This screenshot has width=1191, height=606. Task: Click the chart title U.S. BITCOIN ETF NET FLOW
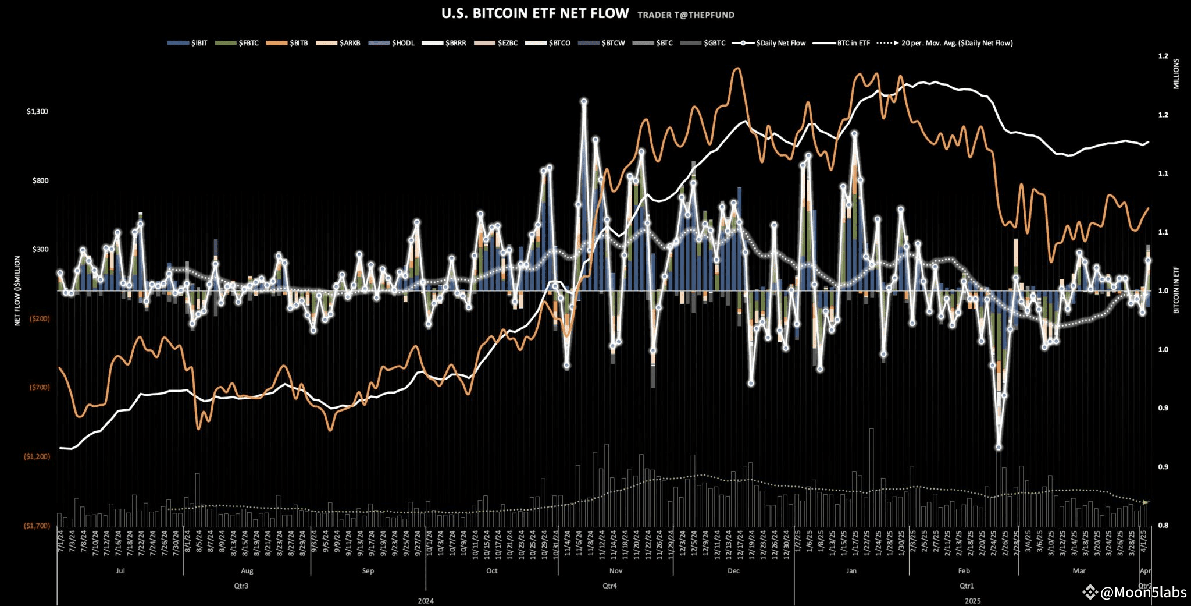[535, 13]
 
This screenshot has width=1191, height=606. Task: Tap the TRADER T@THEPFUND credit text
[686, 15]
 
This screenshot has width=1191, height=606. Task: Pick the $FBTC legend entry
[237, 43]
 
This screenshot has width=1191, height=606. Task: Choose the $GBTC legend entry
[704, 43]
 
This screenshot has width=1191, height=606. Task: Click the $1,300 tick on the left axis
[37, 111]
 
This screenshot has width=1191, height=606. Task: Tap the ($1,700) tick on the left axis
[37, 526]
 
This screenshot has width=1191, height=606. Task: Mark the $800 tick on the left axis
[40, 180]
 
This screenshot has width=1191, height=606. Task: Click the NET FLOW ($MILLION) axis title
[17, 291]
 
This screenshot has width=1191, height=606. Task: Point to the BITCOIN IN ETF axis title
[1176, 290]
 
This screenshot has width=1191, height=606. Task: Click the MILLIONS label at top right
[1176, 73]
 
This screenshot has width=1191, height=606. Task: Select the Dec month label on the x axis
[733, 571]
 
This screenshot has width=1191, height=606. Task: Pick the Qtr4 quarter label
[609, 586]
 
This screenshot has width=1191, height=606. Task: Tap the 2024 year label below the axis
[426, 600]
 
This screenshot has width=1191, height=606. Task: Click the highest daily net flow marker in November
[584, 101]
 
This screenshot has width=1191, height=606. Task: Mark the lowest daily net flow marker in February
[999, 448]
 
